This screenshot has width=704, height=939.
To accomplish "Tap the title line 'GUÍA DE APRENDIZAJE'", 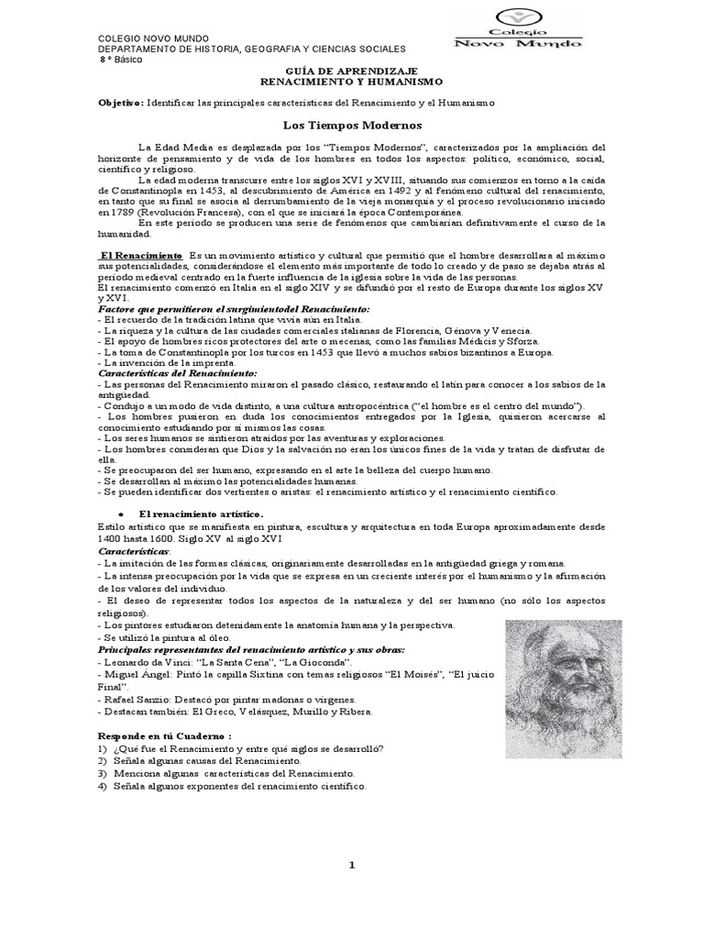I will pos(352,71).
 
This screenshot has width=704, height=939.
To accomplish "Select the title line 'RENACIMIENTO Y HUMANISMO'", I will pos(352,82).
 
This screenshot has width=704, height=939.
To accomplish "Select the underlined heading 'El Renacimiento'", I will pos(141,253).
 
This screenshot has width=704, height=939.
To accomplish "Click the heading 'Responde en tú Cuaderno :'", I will pos(165,736).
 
